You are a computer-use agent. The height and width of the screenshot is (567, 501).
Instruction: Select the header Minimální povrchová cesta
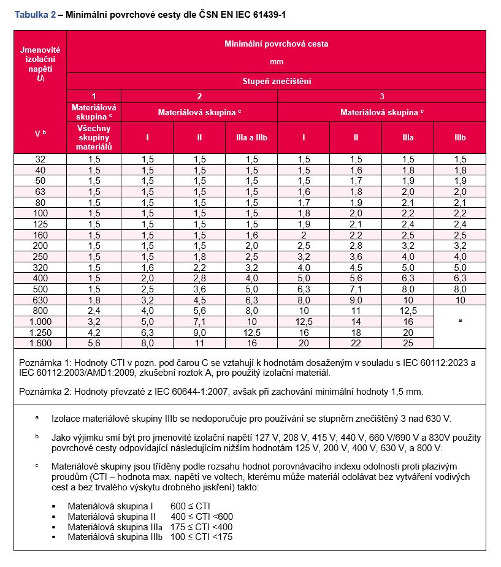click(x=276, y=44)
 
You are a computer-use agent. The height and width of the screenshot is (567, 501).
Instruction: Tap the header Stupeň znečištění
click(x=276, y=81)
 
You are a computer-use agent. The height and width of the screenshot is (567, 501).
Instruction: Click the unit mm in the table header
click(x=276, y=61)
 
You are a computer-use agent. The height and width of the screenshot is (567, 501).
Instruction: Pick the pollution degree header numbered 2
click(x=199, y=96)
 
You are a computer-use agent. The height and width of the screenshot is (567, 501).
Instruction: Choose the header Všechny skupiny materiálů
click(x=94, y=138)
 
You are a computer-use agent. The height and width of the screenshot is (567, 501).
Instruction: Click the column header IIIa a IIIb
click(x=251, y=138)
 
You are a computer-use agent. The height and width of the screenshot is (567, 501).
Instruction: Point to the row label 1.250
click(x=40, y=332)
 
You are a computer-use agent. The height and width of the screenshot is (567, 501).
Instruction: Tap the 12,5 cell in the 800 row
click(x=408, y=311)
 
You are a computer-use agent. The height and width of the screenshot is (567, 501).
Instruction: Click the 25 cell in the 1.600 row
click(x=408, y=342)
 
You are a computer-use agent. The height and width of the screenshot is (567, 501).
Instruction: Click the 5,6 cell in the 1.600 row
click(x=94, y=342)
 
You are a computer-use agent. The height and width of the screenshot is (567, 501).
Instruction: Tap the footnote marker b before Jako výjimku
click(x=37, y=436)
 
